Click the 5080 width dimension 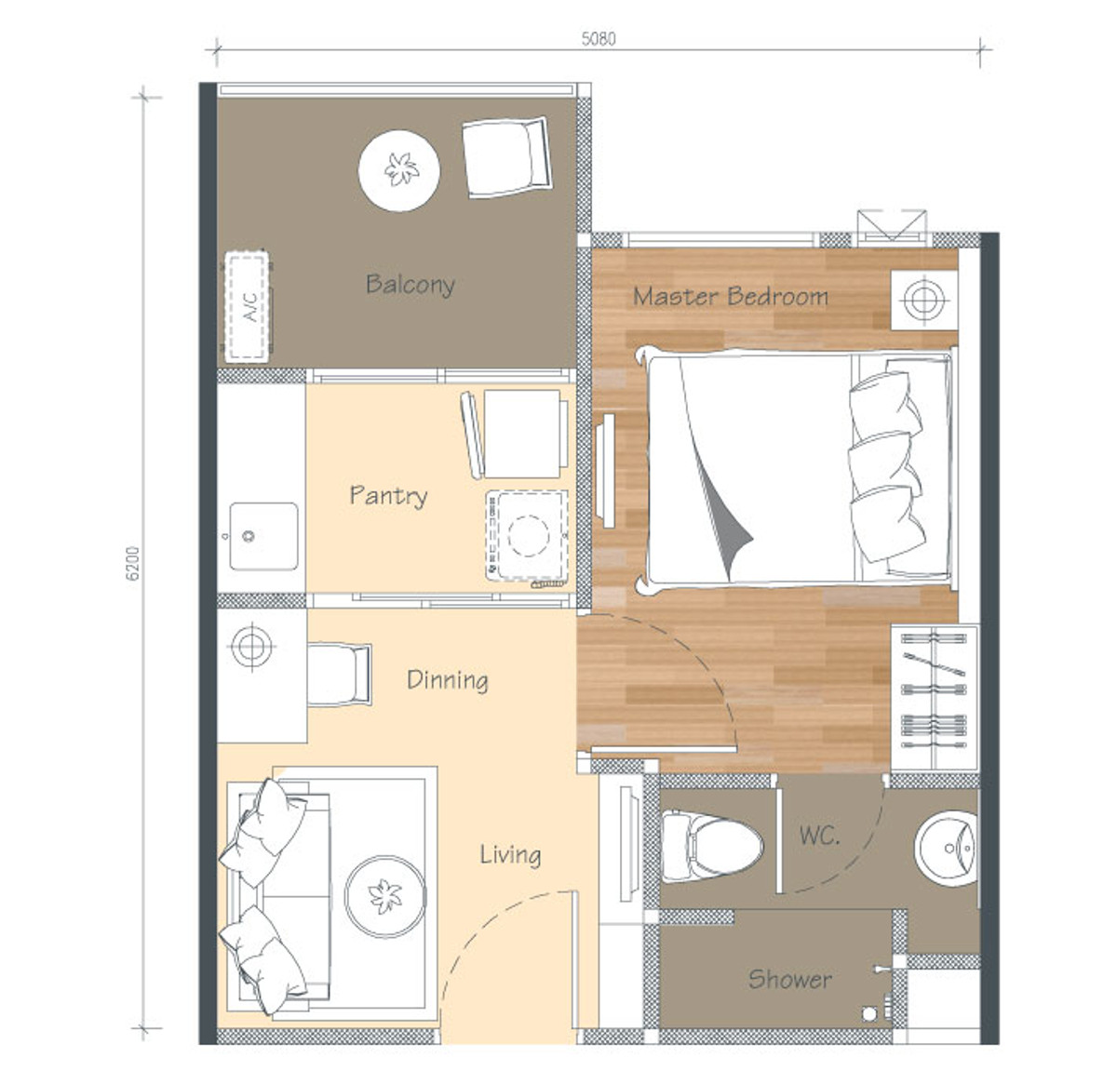599,38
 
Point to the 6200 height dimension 132,563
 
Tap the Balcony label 410,285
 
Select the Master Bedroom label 731,297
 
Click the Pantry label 388,496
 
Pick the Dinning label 448,680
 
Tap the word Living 510,855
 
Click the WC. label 819,836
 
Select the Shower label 790,979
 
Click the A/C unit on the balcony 247,307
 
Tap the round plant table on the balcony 399,170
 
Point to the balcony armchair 506,157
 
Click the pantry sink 263,536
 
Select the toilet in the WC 712,846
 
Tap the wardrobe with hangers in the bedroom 935,697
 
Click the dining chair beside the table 339,674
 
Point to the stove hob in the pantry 527,535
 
